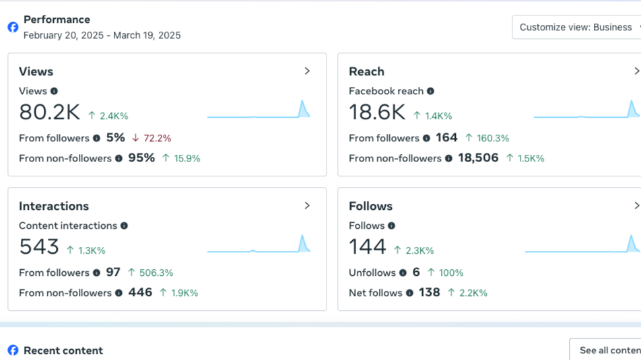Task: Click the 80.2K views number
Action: pos(49,112)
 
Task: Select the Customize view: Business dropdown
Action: pos(576,27)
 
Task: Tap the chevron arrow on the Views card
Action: pos(307,71)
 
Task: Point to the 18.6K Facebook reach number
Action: pos(376,112)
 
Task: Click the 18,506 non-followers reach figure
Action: pos(478,158)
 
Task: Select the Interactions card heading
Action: pos(54,206)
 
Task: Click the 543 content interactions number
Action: pos(39,247)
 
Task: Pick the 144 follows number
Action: pos(367,247)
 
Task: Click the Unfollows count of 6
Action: pos(416,273)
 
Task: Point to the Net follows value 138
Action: pos(429,293)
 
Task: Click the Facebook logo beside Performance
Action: pos(13,27)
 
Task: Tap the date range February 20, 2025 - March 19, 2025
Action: pos(102,35)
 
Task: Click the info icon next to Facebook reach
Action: pos(430,91)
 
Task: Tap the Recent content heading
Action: pos(63,350)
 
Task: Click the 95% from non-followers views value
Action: pos(141,158)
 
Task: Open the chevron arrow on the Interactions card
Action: pos(307,205)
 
